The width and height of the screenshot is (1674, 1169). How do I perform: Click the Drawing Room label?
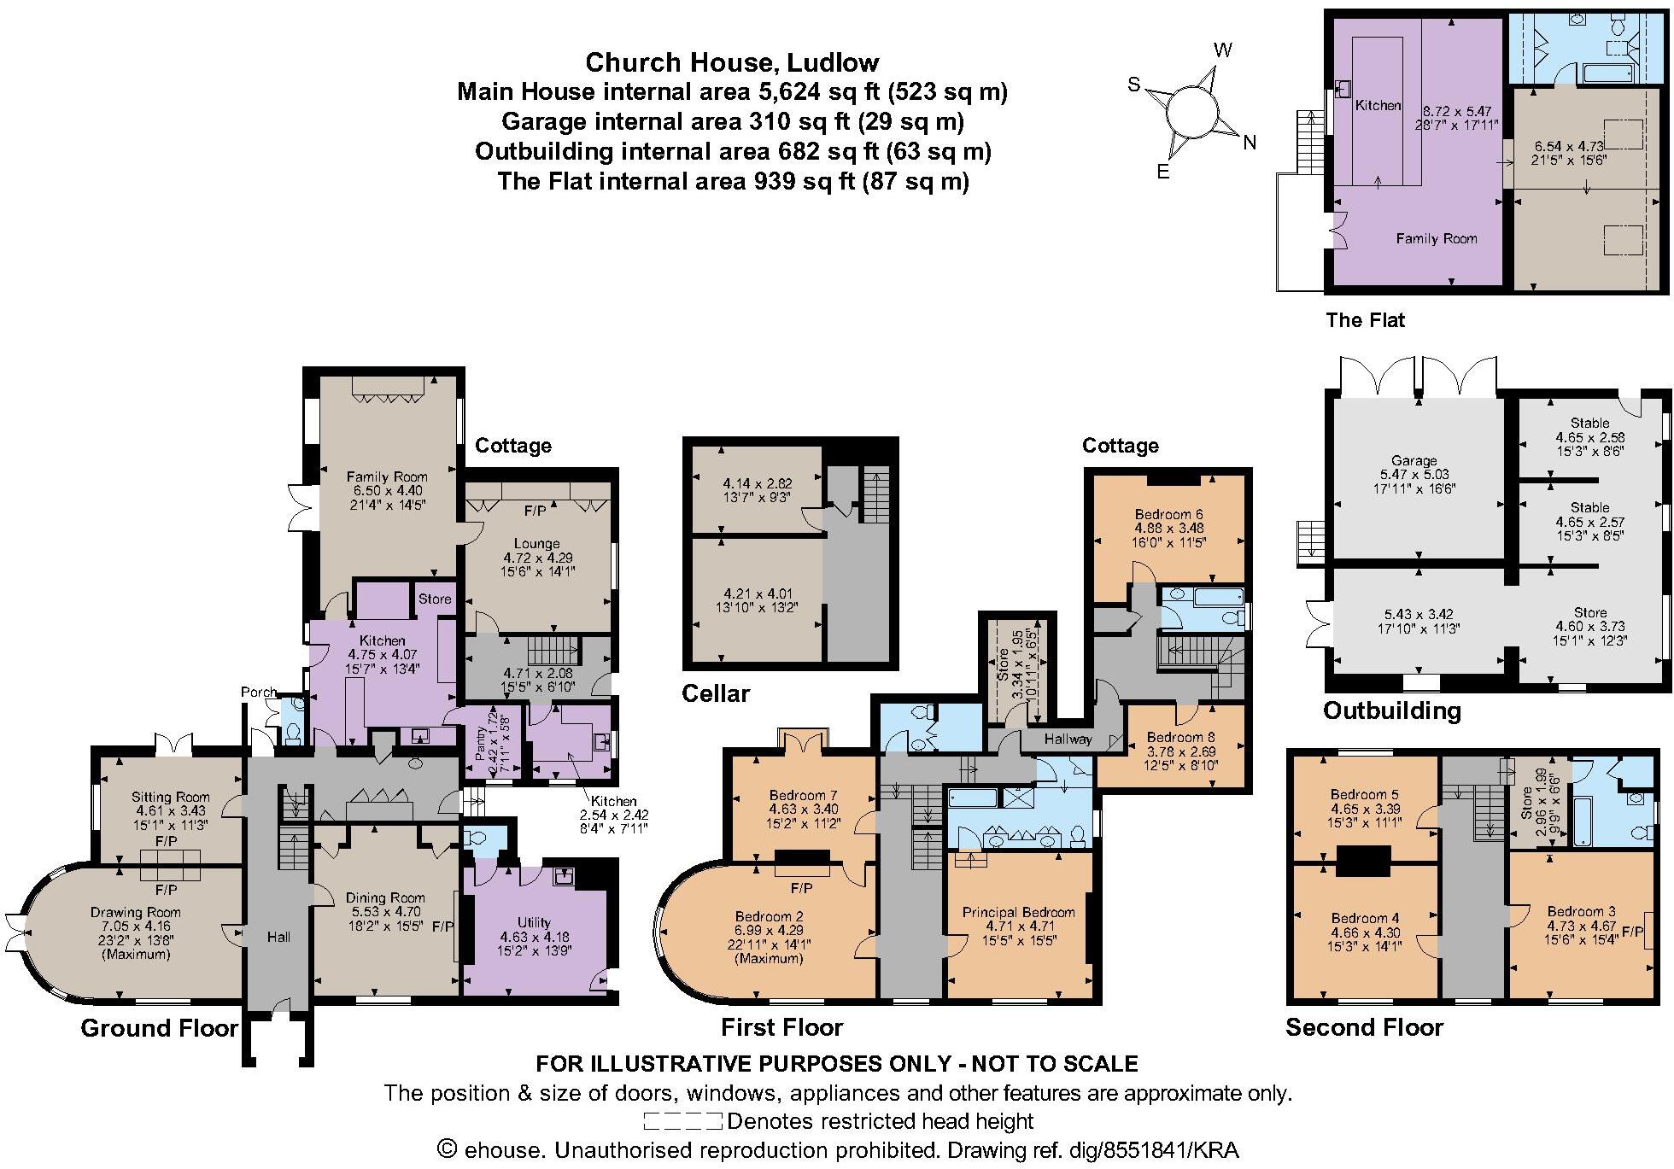pos(135,912)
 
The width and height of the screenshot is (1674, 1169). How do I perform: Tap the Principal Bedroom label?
pos(1018,912)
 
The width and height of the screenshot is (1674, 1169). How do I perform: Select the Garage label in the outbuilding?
pos(1414,460)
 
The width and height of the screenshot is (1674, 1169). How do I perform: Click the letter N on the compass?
pos(1250,143)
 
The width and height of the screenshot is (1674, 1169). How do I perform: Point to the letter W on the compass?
pos(1222,50)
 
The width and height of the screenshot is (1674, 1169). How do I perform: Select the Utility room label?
pos(534,922)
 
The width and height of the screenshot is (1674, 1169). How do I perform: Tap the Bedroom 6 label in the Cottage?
pos(1168,514)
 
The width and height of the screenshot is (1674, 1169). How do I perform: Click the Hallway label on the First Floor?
pos(1068,739)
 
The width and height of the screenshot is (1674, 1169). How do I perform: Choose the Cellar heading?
pos(715,693)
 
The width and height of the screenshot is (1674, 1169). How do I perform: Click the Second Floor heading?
pos(1364,1027)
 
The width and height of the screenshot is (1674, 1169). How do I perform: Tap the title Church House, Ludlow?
pos(732,62)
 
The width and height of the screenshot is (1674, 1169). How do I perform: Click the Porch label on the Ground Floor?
pos(259,692)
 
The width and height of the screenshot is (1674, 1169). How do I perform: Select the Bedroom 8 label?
pos(1180,737)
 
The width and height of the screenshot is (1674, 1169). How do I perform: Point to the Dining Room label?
pos(385,897)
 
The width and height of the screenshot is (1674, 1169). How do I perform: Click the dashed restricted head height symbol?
pos(682,1121)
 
